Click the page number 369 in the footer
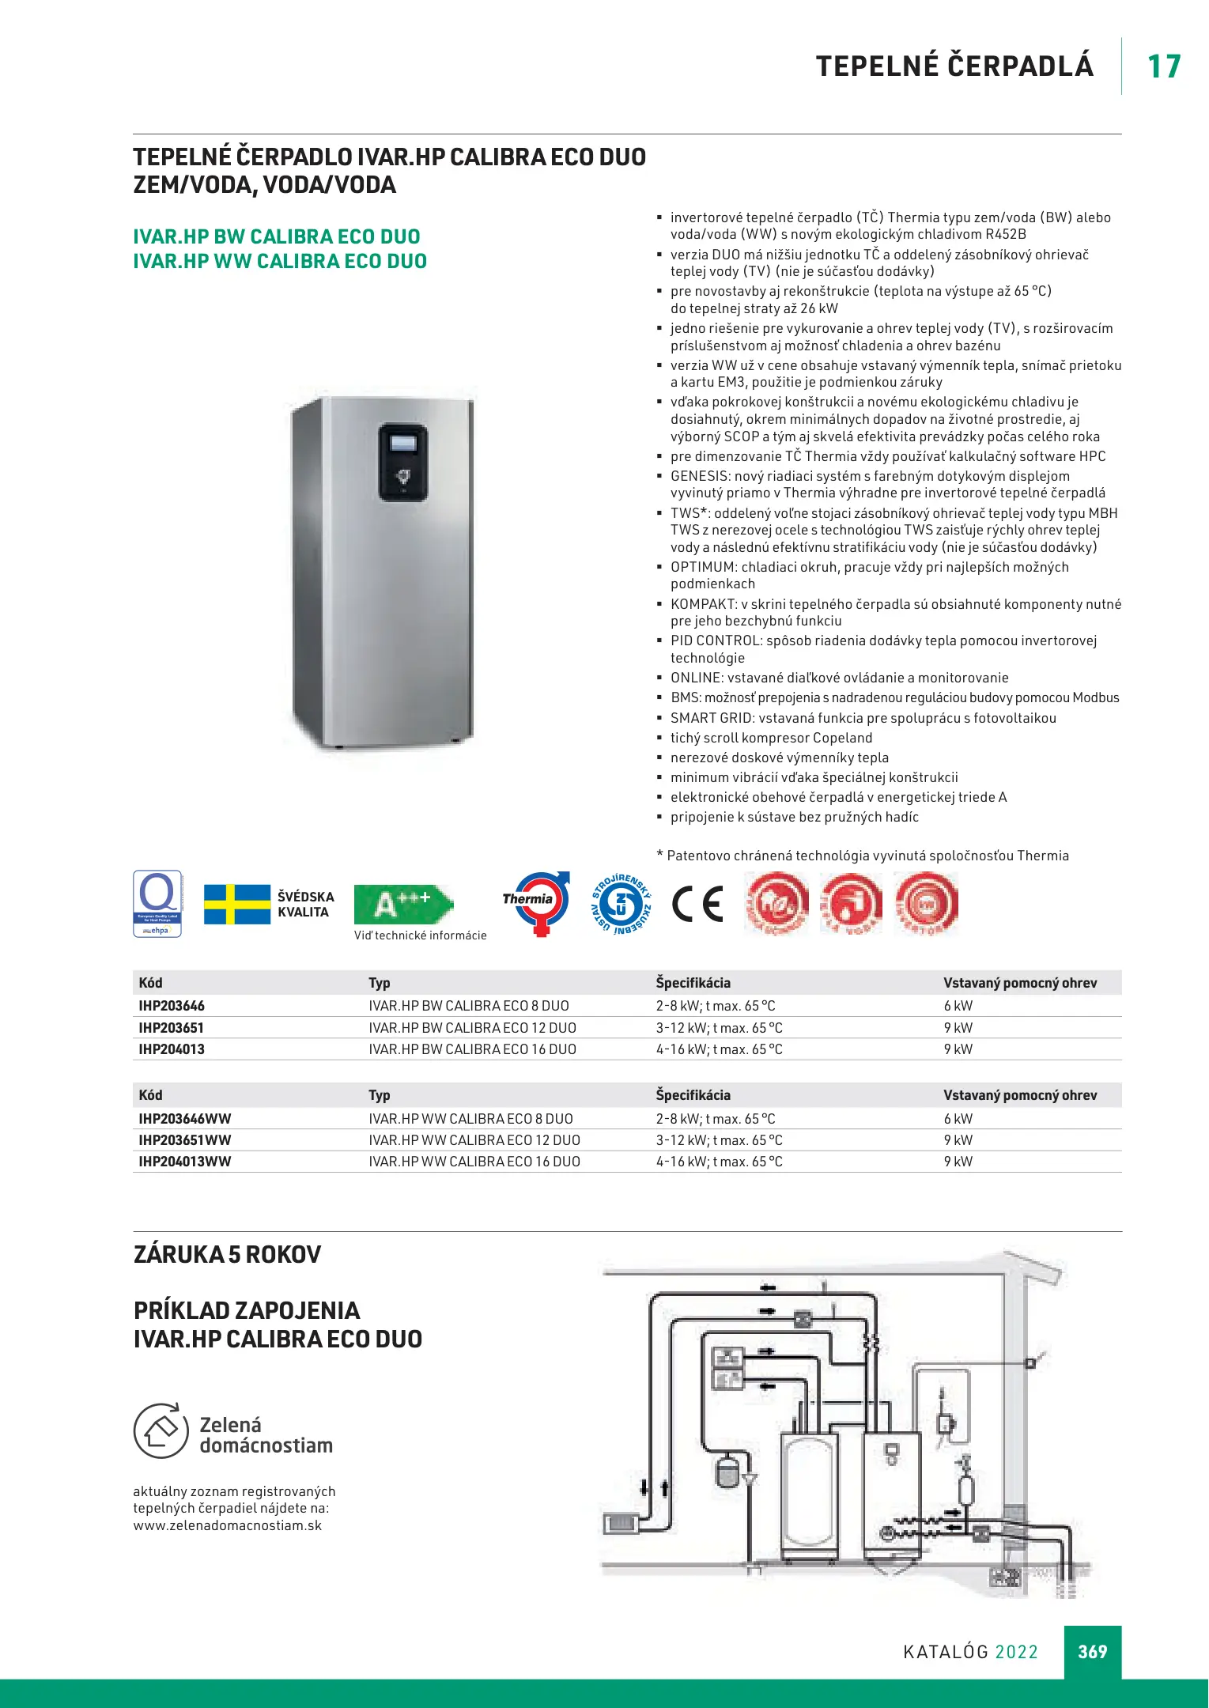click(1092, 1651)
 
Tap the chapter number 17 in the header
click(1164, 66)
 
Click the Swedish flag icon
click(237, 904)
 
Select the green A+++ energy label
click(403, 904)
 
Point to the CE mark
click(697, 904)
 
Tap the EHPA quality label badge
click(157, 904)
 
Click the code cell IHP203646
click(172, 1006)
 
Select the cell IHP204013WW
click(185, 1162)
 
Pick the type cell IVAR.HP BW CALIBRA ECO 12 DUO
click(472, 1028)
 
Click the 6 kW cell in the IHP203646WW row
click(958, 1119)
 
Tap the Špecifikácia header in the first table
click(693, 983)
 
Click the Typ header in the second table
click(380, 1095)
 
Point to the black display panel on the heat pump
click(403, 463)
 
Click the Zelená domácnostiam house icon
click(161, 1430)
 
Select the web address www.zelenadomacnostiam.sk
click(228, 1525)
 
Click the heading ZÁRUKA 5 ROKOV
click(228, 1255)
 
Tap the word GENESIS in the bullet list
click(700, 476)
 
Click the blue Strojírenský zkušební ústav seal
click(622, 904)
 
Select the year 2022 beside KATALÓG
click(1016, 1652)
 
